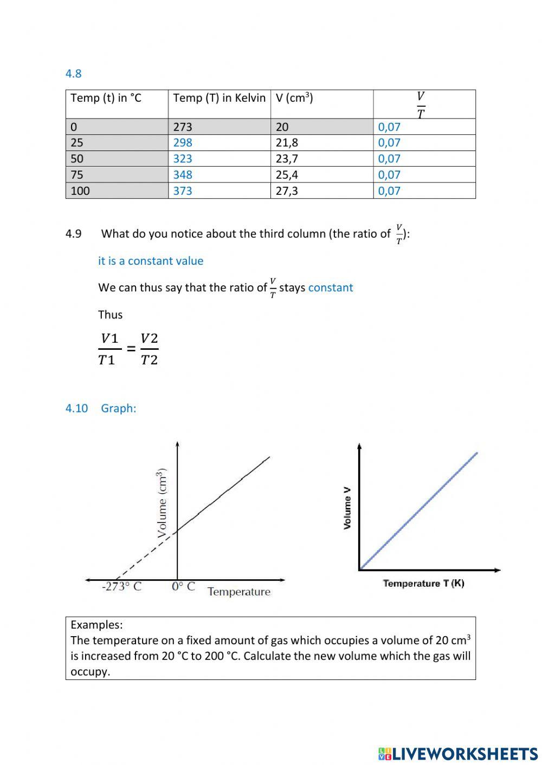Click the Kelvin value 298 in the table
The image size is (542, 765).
(183, 143)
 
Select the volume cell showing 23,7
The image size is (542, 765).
(287, 159)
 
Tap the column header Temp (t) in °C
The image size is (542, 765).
(106, 98)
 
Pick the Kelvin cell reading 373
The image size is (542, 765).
(183, 191)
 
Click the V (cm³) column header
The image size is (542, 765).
(294, 98)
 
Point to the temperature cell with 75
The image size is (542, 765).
(77, 175)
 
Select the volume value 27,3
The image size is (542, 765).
(287, 191)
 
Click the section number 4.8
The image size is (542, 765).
(73, 74)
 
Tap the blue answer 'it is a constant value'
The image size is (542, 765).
(151, 261)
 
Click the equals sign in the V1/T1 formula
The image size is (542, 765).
(131, 349)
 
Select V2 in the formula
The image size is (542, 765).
(149, 338)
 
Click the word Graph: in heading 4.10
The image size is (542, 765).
(118, 408)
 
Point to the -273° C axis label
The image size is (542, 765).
(121, 587)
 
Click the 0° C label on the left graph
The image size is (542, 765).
(183, 587)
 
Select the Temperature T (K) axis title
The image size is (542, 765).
(423, 583)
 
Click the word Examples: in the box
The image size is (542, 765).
(96, 625)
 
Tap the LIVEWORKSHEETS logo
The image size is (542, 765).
(458, 754)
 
